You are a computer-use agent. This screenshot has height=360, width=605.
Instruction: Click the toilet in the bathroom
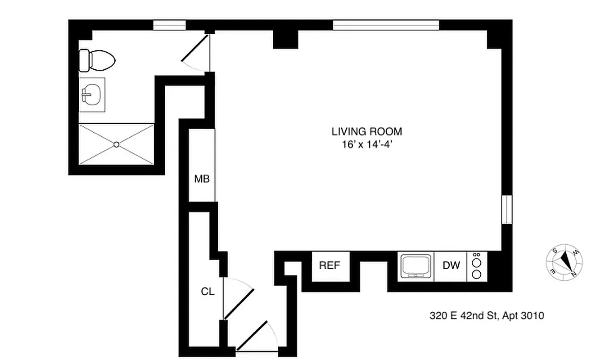coord(97,60)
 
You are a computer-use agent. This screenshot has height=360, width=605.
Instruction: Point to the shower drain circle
coord(116,144)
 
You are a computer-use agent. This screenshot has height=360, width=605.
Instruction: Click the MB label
coord(202,179)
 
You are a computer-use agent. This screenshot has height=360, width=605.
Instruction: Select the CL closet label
coord(208,292)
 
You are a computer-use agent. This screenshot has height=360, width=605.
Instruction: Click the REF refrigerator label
coord(329,265)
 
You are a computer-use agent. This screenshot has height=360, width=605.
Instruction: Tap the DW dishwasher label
coord(451,265)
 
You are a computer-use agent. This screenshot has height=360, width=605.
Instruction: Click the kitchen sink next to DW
coord(417,266)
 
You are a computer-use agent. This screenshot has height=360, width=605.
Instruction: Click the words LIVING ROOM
coord(366,132)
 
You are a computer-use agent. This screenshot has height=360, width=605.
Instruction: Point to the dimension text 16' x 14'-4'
coord(366,144)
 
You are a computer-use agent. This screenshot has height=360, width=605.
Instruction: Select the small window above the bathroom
coord(169,25)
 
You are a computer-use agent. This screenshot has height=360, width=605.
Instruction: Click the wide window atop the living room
coord(386,25)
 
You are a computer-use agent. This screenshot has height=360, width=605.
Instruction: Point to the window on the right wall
coord(506,209)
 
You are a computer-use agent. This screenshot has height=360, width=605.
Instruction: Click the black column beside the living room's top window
coord(285,40)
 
